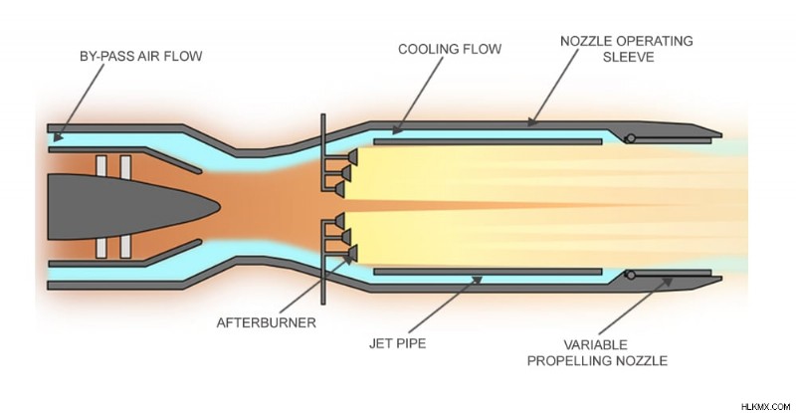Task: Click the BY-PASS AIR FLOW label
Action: coord(140,56)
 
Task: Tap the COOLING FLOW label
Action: coord(450,50)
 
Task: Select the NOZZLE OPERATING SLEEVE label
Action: coord(627,49)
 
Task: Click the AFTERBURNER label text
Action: coord(266,323)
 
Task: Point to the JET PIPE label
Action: coord(397,343)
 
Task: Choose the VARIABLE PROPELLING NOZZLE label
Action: coord(597,353)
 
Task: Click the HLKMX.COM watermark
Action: coord(765,406)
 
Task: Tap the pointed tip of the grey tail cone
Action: coord(219,207)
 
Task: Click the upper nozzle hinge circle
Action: coord(631,138)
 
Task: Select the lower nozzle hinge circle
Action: coord(631,275)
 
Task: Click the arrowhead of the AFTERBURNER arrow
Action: coord(348,258)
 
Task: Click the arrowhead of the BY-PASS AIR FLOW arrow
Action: coord(58,136)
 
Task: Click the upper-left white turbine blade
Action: coord(101,166)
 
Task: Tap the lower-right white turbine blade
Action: coord(125,248)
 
